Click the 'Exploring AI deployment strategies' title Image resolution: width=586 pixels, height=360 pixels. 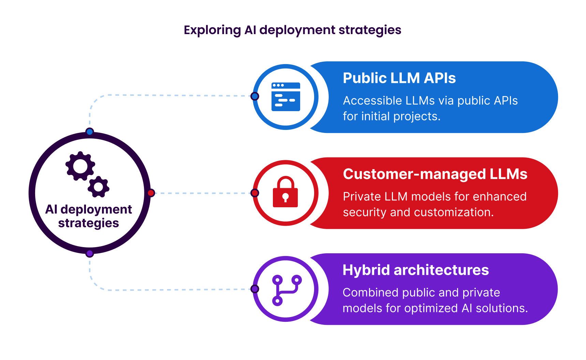(292, 30)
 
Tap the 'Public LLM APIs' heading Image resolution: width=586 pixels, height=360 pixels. (399, 78)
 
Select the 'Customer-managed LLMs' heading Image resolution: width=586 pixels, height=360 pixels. (435, 174)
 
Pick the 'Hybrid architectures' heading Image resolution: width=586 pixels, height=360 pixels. (415, 270)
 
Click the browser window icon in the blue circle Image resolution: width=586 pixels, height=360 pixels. (286, 97)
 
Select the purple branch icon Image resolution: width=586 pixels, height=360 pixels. (287, 290)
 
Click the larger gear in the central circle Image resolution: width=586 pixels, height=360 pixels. (80, 166)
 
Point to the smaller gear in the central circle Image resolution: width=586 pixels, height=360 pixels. (99, 187)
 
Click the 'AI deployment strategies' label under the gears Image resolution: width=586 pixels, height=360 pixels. (89, 216)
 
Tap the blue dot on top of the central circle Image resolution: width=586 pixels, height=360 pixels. (90, 132)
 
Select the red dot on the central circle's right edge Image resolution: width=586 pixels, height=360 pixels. (151, 193)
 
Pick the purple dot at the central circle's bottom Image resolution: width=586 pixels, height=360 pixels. (90, 253)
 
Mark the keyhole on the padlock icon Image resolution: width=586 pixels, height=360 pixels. (285, 197)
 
